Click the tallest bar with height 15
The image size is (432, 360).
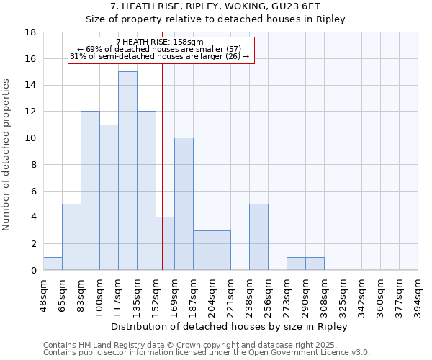coord(127,171)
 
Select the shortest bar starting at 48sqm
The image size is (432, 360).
coord(53,264)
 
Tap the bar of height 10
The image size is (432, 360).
coord(184,204)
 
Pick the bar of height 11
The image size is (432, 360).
coord(109,197)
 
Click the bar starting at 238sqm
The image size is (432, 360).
coord(258,237)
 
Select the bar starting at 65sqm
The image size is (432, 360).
coord(71,237)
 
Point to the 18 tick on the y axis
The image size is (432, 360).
coord(31,32)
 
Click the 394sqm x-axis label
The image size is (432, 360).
coord(418,295)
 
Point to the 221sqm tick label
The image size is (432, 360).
coord(231,295)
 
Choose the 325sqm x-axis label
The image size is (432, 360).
coord(343,295)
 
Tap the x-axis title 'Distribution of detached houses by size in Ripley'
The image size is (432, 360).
coord(230,326)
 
